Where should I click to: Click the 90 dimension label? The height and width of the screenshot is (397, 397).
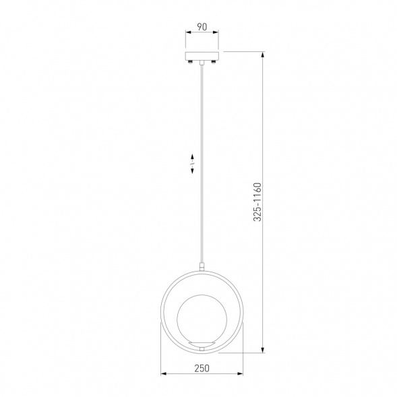click(x=202, y=27)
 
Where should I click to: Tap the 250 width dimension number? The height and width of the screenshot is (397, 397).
click(x=202, y=368)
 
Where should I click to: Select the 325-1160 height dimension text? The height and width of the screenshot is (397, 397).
click(x=257, y=202)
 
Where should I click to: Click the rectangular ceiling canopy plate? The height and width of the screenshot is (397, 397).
click(x=202, y=56)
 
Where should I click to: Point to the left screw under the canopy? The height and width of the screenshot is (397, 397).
click(x=190, y=62)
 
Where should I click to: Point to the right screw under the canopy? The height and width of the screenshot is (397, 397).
click(x=214, y=62)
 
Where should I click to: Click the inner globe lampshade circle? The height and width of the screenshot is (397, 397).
click(x=202, y=319)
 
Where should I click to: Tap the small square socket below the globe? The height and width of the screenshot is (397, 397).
click(x=202, y=349)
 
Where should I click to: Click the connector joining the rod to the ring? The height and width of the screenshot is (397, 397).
click(x=202, y=267)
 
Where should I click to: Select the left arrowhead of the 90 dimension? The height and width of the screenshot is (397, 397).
click(x=188, y=32)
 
